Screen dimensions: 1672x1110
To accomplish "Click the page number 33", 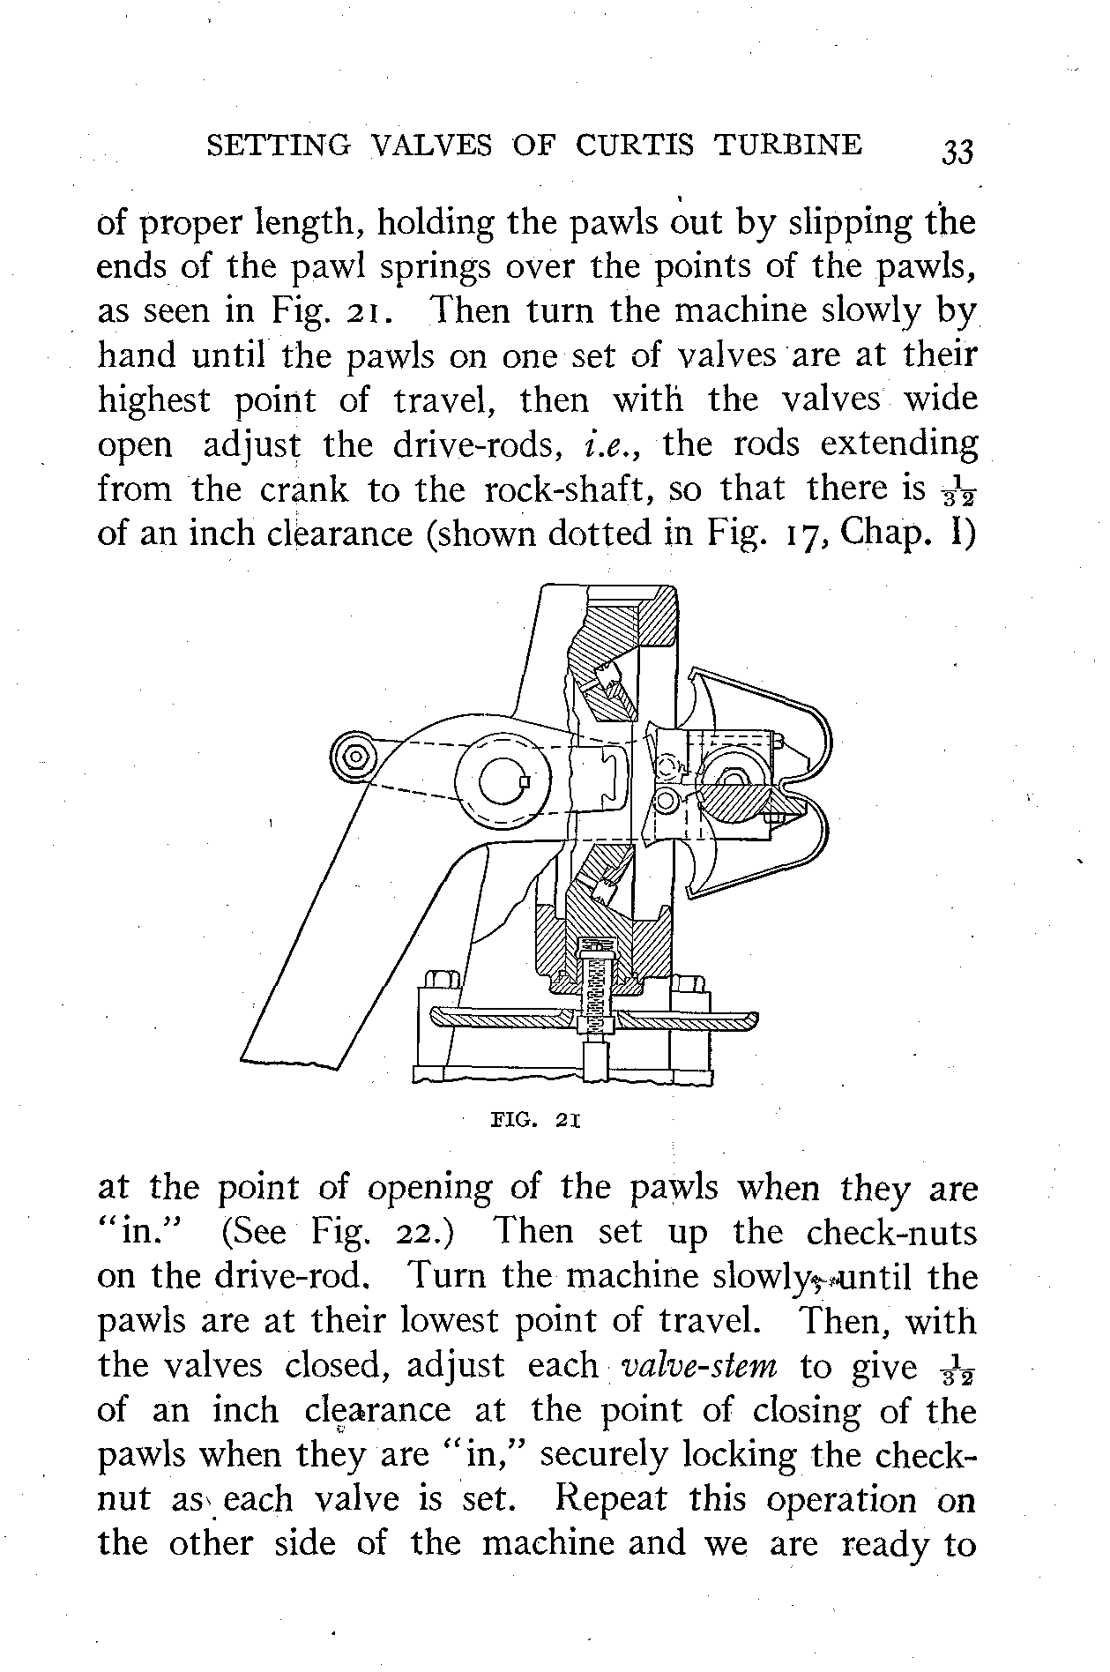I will (x=957, y=152).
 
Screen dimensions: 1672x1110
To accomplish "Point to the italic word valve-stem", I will (x=699, y=1366).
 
